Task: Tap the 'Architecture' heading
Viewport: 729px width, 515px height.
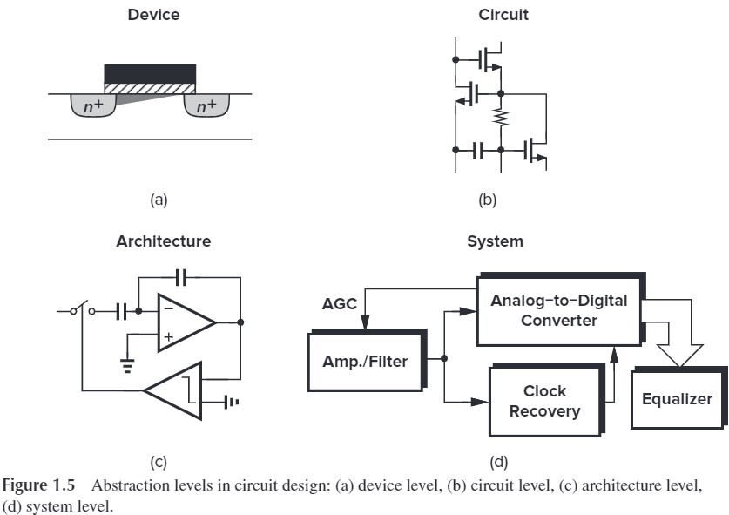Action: (163, 241)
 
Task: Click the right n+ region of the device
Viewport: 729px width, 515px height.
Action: (206, 107)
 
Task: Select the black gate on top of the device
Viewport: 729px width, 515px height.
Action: (150, 73)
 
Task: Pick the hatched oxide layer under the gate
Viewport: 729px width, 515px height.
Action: (150, 88)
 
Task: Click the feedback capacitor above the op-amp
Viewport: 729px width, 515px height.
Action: (181, 277)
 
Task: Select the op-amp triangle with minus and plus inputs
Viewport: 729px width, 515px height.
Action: (183, 322)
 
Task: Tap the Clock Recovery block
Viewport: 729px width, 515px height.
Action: (544, 402)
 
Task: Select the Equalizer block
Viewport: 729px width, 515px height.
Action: (676, 399)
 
